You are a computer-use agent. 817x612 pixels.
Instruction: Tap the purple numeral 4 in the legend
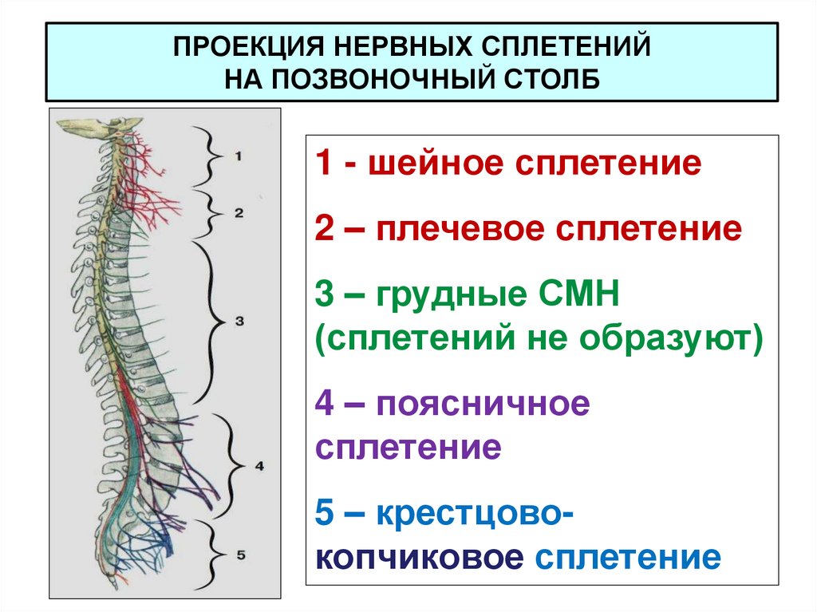(324, 407)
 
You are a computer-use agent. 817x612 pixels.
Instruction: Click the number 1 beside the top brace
(238, 156)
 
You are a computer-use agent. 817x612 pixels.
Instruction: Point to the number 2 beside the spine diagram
(238, 212)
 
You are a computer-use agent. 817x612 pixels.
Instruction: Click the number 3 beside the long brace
(239, 321)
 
